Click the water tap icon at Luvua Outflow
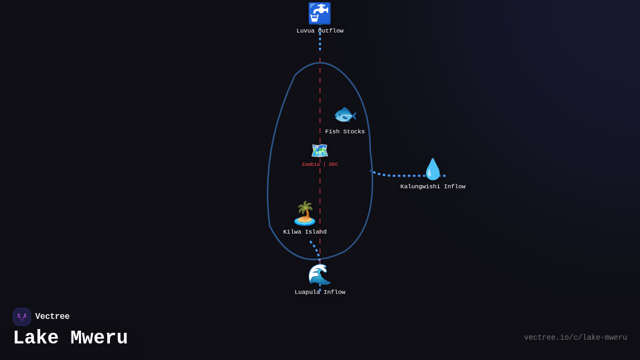coord(319,13)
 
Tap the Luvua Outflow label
coord(320,31)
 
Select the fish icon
coord(345,115)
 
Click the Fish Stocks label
coord(345,132)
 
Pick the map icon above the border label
coord(319,151)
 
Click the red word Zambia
coord(311,165)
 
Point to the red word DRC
coord(333,165)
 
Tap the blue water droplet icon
coord(433,169)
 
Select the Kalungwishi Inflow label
coord(433,187)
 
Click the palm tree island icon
coord(305,213)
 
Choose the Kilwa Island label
coord(305,232)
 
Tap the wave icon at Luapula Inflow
coord(319,275)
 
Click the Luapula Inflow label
coord(320,292)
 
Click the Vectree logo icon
coord(22,317)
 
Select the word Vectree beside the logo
coord(52,317)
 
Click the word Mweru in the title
coord(99,338)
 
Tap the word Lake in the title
coord(36,338)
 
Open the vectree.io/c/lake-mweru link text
coord(575,338)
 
